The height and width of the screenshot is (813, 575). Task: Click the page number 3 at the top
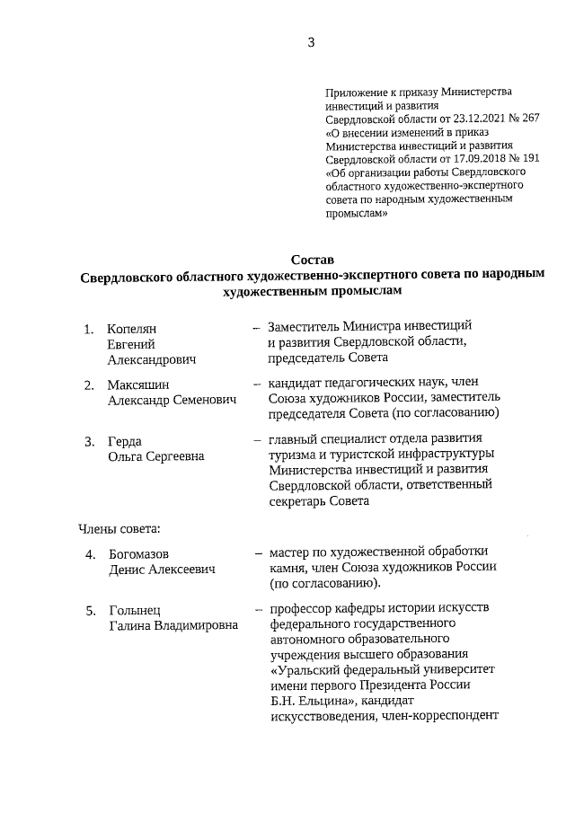(310, 40)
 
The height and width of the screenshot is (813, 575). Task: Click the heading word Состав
(312, 260)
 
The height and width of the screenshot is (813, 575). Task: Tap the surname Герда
(125, 441)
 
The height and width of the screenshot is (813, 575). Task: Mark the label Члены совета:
(119, 526)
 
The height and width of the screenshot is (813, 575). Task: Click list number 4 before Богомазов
(91, 554)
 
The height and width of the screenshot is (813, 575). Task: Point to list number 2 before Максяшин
(89, 384)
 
